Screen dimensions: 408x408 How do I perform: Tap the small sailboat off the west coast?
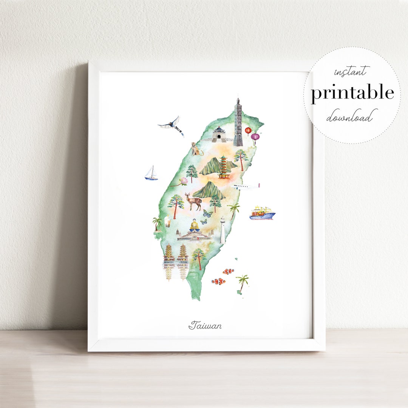151,173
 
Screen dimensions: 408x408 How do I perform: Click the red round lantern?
248,130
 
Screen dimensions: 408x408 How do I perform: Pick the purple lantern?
255,137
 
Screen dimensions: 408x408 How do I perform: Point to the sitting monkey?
195,149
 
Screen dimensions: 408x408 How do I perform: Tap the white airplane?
247,186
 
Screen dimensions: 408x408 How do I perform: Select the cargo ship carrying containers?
262,213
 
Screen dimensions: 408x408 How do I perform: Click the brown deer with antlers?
193,201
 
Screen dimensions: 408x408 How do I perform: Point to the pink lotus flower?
184,181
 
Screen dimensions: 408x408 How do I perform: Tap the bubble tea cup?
168,221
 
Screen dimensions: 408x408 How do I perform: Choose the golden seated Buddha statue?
194,225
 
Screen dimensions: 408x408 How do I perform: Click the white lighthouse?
223,230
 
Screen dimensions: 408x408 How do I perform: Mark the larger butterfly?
207,213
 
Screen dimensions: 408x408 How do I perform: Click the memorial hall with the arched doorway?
219,134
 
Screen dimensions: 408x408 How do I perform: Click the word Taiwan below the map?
205,325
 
